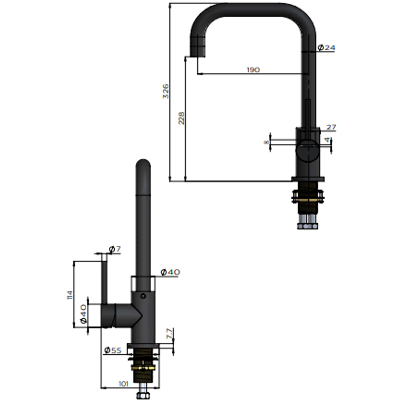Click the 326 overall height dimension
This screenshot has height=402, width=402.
(x=166, y=91)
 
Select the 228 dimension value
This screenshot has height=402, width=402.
(x=182, y=118)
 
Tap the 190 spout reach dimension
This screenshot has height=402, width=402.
(x=253, y=70)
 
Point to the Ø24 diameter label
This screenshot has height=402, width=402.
(x=326, y=48)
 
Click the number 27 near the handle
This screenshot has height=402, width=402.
(x=331, y=127)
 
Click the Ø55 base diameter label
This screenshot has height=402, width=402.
(x=113, y=350)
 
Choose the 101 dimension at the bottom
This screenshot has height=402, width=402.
(x=123, y=383)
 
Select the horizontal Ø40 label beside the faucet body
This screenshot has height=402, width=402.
(x=170, y=272)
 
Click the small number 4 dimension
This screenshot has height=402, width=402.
(x=327, y=140)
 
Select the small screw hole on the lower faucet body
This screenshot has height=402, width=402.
(x=143, y=296)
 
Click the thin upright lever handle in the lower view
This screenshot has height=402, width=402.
(x=105, y=279)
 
